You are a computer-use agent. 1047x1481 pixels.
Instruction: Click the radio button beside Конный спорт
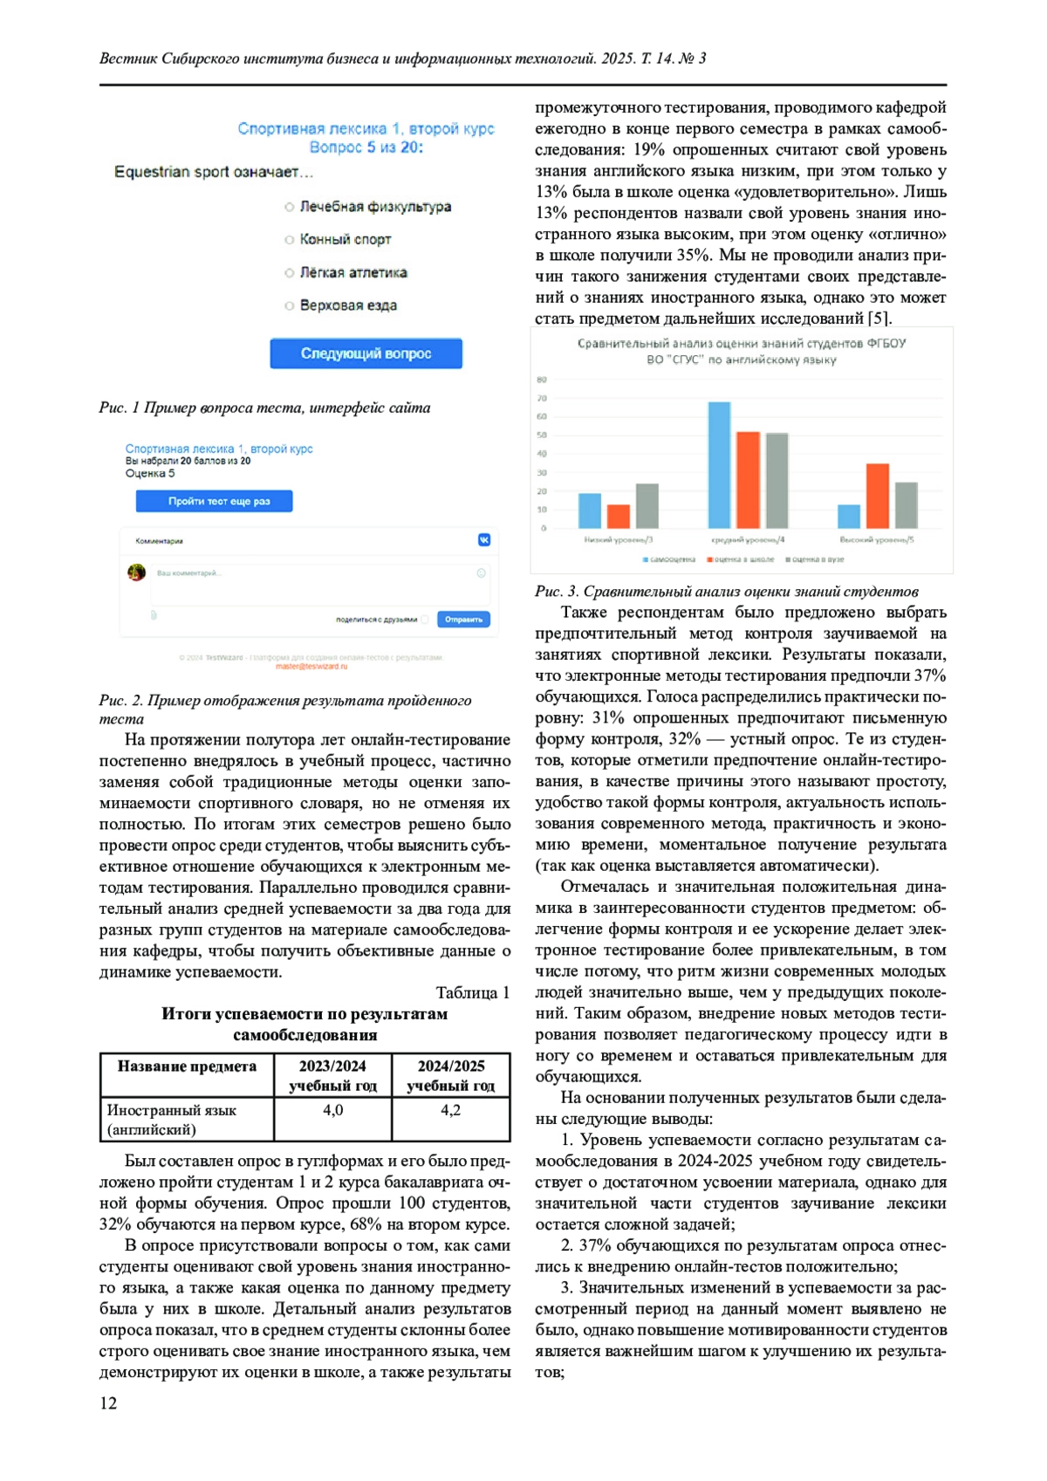pos(289,240)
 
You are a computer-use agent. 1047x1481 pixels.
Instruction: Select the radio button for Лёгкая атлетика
pos(289,273)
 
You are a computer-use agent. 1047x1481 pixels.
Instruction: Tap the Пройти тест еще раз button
pos(214,501)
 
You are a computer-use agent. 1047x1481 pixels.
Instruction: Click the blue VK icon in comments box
pos(484,540)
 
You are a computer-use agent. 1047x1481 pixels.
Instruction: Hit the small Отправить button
pos(463,620)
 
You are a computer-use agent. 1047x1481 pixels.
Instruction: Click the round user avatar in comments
pos(136,573)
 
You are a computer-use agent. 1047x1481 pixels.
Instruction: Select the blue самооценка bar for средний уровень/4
pos(719,464)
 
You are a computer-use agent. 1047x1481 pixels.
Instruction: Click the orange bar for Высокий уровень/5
pos(877,496)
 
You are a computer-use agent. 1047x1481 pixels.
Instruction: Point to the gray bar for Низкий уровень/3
pos(647,506)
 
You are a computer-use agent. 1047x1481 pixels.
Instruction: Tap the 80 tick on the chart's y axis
pos(542,380)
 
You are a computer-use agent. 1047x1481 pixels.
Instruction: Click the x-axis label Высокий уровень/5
pos(876,540)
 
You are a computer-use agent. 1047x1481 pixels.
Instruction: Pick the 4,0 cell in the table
pos(333,1110)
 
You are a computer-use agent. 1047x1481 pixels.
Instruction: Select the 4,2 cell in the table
pos(450,1110)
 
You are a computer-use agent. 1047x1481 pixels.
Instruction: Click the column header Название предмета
pos(187,1066)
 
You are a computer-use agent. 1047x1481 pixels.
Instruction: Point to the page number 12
pos(108,1402)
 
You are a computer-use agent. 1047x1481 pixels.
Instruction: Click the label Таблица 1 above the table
pos(472,992)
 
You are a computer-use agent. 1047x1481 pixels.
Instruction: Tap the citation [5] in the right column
pos(877,319)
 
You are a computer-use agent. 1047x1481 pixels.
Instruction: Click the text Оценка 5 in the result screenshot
pos(150,474)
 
